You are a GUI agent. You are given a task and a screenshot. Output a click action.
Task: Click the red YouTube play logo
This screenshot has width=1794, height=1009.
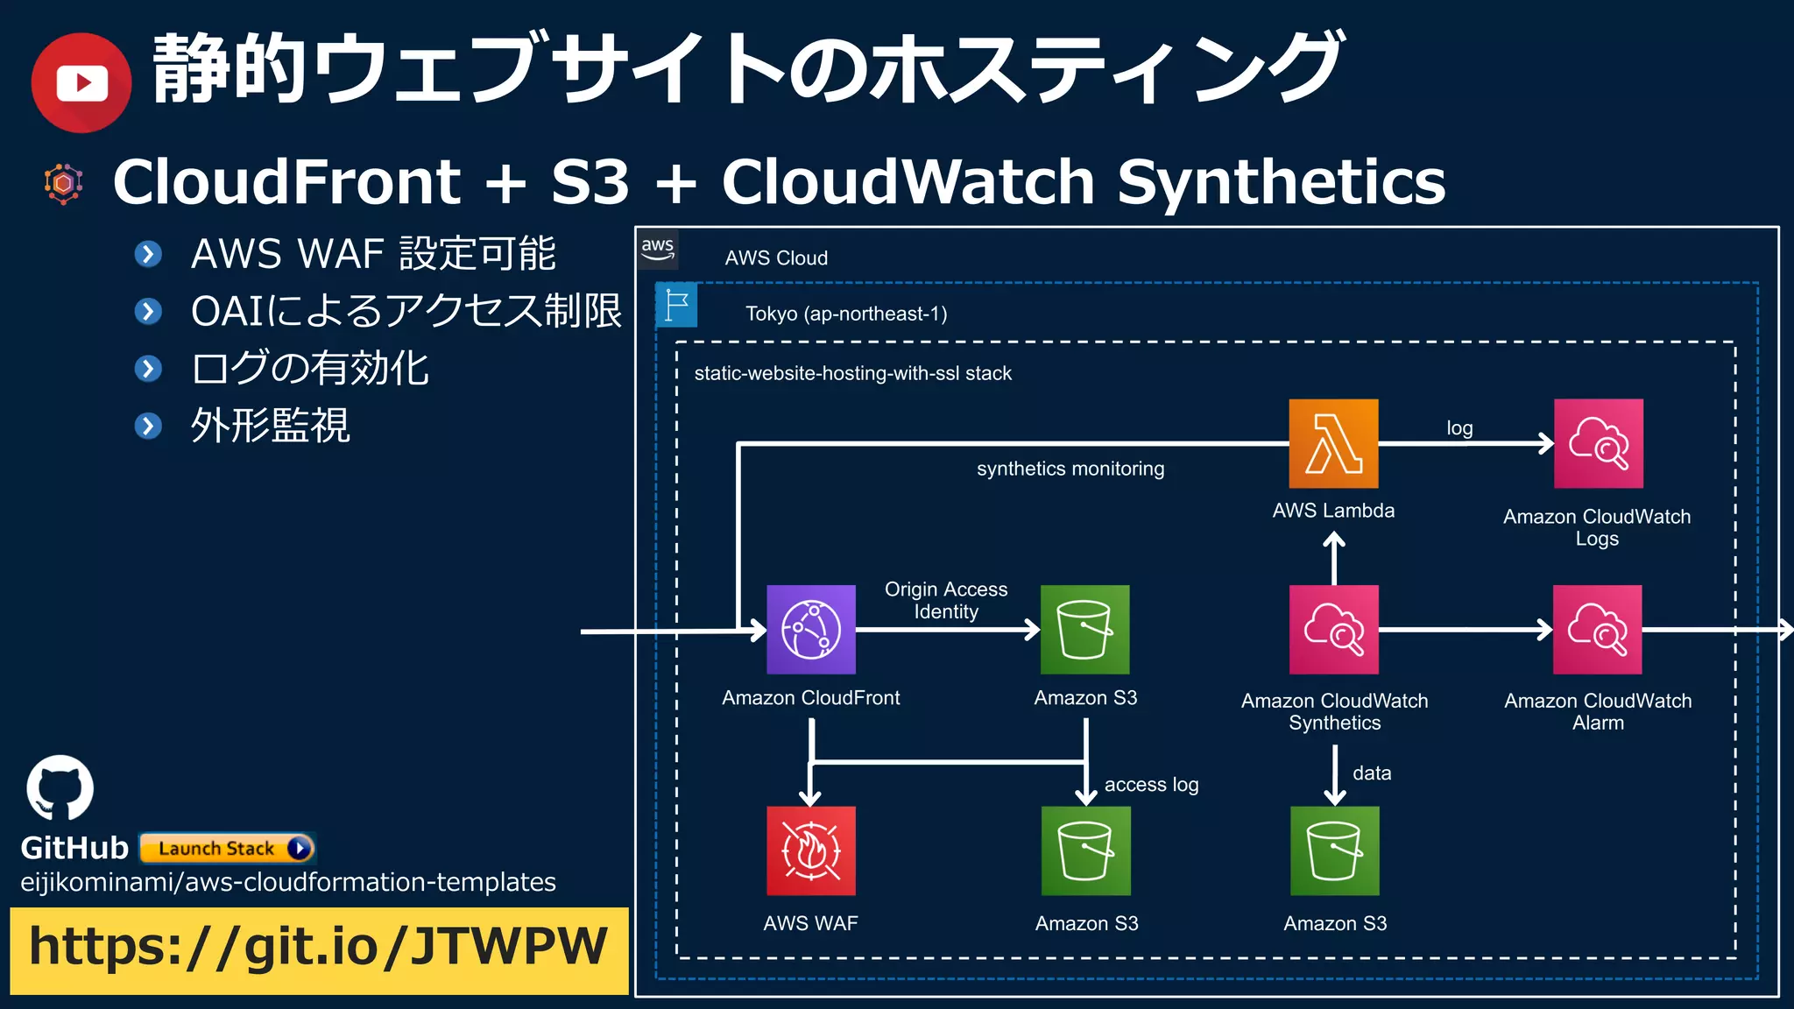point(81,83)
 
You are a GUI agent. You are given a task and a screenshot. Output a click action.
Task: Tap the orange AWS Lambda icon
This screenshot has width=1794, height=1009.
point(1333,443)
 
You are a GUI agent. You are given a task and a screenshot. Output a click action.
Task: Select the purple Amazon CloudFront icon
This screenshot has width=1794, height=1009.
point(811,629)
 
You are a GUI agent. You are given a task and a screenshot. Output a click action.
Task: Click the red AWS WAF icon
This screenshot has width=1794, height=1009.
point(811,850)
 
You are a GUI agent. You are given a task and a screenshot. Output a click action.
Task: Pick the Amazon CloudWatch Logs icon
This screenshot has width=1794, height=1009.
point(1598,443)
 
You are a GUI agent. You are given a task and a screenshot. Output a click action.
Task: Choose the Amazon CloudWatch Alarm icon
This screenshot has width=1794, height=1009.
point(1597,629)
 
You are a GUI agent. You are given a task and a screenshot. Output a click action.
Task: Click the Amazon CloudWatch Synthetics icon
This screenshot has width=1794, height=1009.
point(1333,629)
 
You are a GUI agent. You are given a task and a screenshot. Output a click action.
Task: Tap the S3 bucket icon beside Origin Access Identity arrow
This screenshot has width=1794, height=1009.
point(1084,629)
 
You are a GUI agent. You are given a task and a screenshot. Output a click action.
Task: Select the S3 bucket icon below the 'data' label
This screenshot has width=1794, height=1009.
point(1334,850)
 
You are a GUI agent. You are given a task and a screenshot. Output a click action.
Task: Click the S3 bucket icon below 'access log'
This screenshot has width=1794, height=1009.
point(1085,850)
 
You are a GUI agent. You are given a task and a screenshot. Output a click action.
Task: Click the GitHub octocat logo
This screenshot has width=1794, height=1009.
point(60,787)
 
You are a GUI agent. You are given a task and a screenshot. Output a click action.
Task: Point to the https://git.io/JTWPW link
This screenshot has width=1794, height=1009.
point(319,948)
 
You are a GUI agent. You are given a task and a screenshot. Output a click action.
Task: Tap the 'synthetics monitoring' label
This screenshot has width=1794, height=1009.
point(1070,469)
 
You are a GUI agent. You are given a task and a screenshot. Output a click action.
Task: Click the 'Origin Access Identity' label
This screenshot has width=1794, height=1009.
point(946,600)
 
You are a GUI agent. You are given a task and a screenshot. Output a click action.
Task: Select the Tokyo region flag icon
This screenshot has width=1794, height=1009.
point(676,305)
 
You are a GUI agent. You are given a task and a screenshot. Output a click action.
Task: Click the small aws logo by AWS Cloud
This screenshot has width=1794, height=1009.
point(658,249)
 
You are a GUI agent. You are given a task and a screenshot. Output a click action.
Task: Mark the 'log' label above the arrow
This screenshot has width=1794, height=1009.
point(1459,427)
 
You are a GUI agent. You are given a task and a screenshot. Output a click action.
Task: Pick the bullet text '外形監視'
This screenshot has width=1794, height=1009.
point(271,426)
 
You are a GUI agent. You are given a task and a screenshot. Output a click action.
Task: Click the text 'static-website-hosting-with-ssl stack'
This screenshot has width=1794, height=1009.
point(852,373)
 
